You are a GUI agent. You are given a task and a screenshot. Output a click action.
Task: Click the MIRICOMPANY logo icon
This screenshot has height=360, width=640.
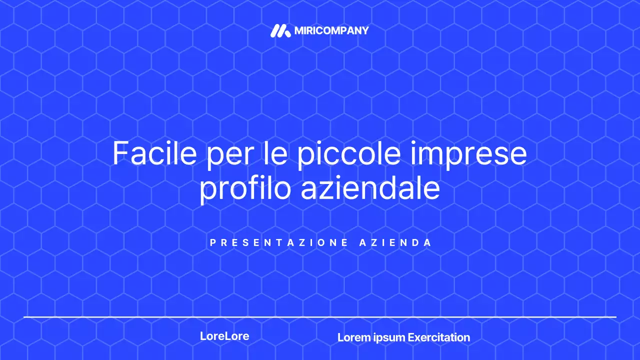(280, 31)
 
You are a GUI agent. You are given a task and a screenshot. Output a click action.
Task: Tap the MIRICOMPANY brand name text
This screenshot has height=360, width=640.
(331, 31)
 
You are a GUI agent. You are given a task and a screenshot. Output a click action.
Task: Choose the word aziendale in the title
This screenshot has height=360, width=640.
(370, 188)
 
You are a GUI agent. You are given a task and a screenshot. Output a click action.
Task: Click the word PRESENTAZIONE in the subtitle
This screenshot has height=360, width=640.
(279, 243)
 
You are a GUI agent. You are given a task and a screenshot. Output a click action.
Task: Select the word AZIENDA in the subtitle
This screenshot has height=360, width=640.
(395, 243)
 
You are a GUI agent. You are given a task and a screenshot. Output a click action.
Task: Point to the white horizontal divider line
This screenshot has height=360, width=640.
(320, 317)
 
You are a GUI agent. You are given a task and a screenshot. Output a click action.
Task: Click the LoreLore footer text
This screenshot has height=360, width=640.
(224, 336)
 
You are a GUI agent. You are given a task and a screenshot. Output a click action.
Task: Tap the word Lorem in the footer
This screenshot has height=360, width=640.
(354, 337)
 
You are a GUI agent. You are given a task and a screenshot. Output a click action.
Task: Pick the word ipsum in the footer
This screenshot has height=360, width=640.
(389, 338)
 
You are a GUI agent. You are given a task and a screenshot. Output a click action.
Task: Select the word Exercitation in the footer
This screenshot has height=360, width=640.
(439, 337)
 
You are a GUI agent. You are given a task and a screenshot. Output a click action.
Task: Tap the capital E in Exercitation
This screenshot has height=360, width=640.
(411, 337)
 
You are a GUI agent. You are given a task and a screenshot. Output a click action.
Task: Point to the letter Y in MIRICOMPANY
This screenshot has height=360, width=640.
(364, 31)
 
